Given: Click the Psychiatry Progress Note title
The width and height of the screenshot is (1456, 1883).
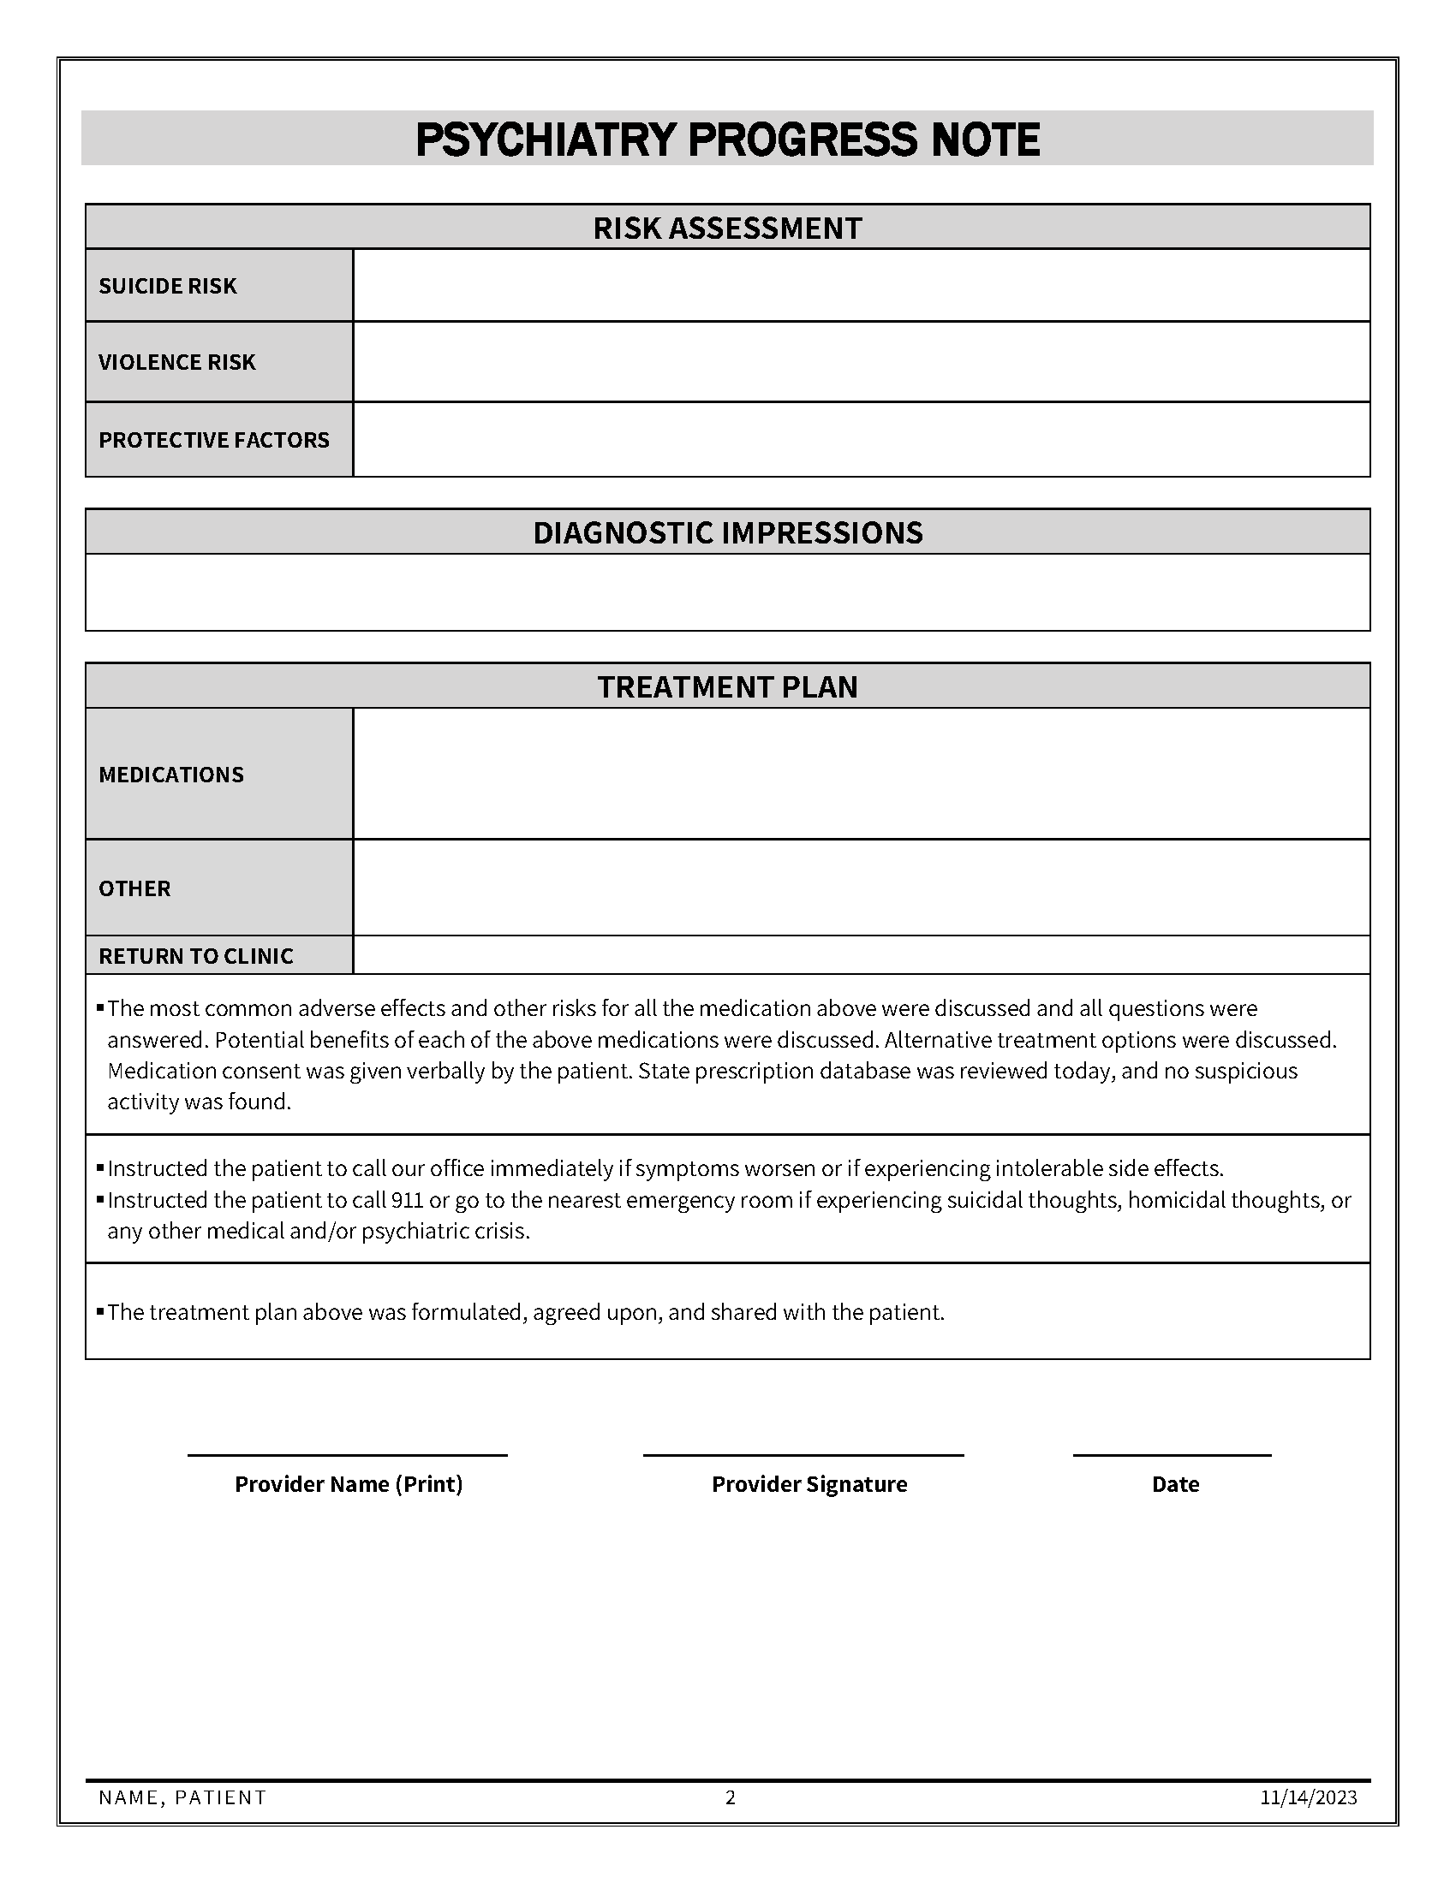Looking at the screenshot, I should pos(727,140).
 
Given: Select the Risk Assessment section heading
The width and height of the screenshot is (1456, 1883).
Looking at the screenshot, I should pos(727,228).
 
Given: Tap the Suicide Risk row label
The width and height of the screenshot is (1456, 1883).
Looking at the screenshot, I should pos(167,285).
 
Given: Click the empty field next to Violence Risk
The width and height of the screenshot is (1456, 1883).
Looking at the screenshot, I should pos(861,362).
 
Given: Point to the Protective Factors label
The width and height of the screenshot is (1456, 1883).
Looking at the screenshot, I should pos(214,440).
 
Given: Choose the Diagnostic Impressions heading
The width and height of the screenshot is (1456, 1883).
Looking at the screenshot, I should pos(727,533).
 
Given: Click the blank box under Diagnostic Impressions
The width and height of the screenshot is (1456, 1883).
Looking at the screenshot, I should pos(727,592).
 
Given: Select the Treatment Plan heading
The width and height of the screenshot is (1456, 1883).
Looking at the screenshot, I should pos(727,686).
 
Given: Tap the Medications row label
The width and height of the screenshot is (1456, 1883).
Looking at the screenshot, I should pos(170,775).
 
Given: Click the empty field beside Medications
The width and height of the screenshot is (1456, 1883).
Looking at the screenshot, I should pos(861,774).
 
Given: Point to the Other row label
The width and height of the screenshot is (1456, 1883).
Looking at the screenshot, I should pos(134,888).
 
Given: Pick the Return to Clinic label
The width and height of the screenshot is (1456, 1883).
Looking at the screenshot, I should pos(196,955).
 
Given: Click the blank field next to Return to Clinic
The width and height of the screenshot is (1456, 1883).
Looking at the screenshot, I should pos(861,955).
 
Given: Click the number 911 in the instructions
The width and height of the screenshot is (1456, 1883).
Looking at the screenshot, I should pos(407,1200).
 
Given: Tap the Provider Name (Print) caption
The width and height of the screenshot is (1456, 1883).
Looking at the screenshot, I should pos(349,1484).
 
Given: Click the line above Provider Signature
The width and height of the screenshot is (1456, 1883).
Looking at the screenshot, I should pos(803,1455).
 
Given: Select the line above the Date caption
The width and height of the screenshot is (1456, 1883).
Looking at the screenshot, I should pos(1172,1455).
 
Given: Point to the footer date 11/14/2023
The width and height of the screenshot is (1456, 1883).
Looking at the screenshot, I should pos(1308,1797).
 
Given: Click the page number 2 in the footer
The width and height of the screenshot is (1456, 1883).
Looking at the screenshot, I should pos(730,1797).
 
